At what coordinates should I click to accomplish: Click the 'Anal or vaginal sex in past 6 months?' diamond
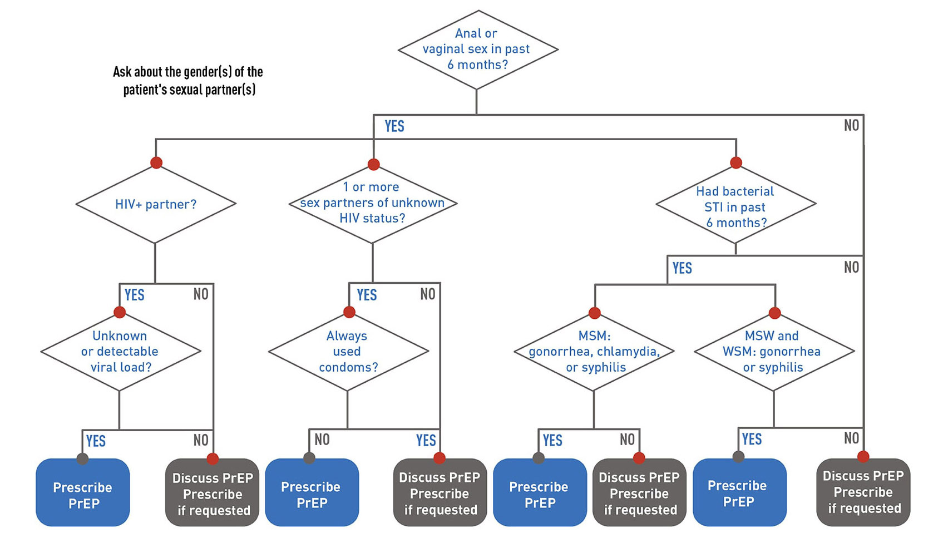pos(477,49)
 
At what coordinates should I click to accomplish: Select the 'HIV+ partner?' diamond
pos(156,204)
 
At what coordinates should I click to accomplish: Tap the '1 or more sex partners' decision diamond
pos(372,203)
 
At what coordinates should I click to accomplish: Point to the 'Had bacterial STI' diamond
pos(735,206)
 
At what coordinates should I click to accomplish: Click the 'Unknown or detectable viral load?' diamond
pos(120,352)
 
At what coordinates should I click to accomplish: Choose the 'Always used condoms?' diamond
pos(348,352)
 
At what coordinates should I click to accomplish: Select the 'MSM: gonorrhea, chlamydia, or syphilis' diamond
pos(594,352)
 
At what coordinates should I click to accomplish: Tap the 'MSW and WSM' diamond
pos(773,352)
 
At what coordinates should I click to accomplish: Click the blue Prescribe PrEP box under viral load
pos(83,494)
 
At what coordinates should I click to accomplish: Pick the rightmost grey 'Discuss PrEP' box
pos(863,492)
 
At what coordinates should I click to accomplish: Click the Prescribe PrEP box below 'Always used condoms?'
pos(312,494)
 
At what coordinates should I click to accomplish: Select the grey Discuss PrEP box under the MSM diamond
pos(639,493)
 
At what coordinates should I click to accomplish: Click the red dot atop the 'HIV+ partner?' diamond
pos(156,162)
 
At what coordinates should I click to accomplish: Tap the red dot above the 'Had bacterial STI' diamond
pos(736,162)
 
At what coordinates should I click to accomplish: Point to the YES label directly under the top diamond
pos(394,126)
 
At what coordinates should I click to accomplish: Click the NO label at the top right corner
pos(851,125)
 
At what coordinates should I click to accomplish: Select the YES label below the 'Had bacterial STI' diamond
pos(682,268)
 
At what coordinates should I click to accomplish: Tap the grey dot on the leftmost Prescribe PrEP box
pos(82,459)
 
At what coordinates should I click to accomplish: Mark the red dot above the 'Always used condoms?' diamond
pos(349,312)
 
